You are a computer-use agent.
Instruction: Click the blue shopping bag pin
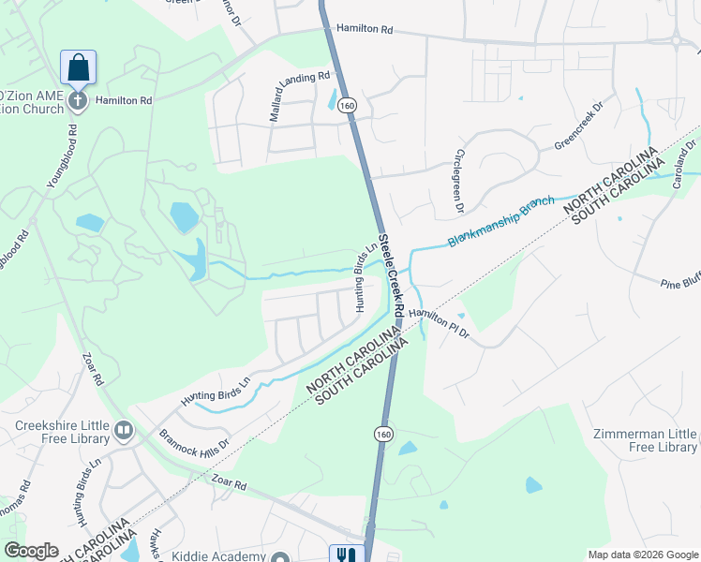click(x=78, y=67)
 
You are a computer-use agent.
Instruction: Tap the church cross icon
click(x=78, y=100)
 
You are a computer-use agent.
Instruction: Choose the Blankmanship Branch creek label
click(x=501, y=221)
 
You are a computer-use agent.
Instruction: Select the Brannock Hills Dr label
click(x=194, y=441)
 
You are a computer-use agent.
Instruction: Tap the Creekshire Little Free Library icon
click(x=124, y=431)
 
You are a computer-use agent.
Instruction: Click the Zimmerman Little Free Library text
click(x=646, y=440)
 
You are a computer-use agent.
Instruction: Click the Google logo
click(x=31, y=551)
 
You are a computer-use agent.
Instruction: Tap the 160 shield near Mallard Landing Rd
click(x=348, y=107)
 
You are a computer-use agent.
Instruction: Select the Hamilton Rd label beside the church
click(x=123, y=99)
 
